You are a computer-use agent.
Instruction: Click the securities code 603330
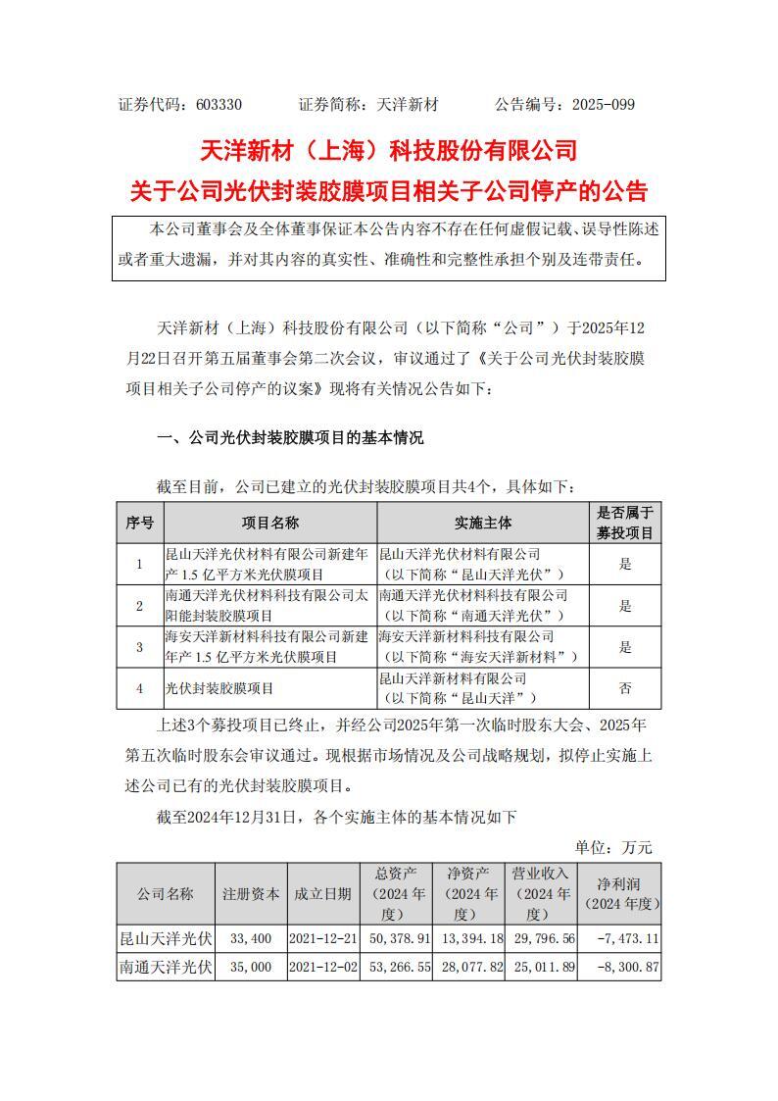click(x=219, y=104)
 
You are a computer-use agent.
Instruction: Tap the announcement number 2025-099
click(x=601, y=104)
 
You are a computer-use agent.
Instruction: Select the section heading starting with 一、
click(x=291, y=438)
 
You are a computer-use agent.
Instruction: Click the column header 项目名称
click(x=270, y=524)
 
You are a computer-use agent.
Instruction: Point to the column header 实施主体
click(x=483, y=524)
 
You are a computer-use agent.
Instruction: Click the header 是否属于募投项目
click(x=624, y=524)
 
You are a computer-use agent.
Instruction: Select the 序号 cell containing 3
click(x=140, y=647)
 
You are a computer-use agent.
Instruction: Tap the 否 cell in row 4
click(x=624, y=688)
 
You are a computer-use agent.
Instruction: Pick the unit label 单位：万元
click(x=613, y=847)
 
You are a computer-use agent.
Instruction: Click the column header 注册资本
click(x=251, y=893)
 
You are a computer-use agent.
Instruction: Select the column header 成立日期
click(x=323, y=893)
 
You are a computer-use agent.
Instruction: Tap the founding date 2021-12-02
click(x=323, y=967)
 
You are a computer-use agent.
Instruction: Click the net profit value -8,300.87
click(x=620, y=967)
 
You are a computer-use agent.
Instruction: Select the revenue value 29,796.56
click(x=542, y=938)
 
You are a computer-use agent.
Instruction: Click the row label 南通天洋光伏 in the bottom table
click(x=165, y=967)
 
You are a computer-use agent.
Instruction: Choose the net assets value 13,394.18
click(x=470, y=938)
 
